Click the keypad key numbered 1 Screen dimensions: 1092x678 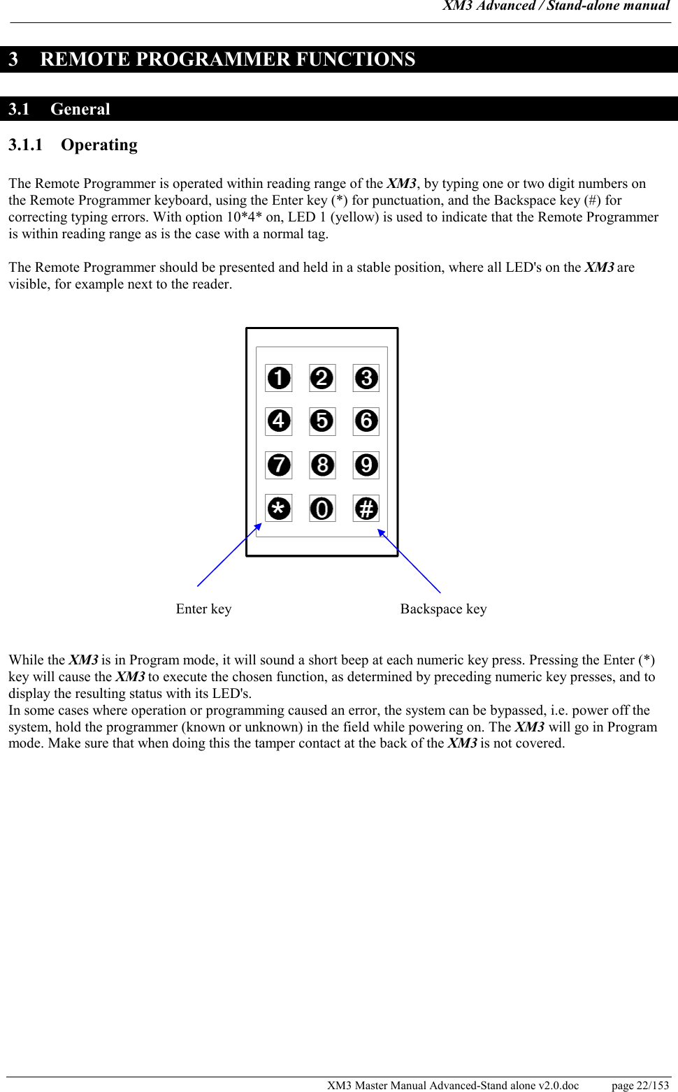(278, 378)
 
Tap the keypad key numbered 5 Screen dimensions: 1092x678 (322, 421)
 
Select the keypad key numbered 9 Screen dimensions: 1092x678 (366, 465)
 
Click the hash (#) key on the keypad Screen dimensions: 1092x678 (366, 509)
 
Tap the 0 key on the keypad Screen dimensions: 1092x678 (322, 509)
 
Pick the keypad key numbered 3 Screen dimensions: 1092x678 (366, 378)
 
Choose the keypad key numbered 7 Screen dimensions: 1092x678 (278, 465)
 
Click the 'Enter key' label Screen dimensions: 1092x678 (203, 609)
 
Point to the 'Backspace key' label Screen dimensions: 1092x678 (443, 609)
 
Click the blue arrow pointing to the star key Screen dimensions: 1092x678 (229, 555)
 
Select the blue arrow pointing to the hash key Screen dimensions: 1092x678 (410, 561)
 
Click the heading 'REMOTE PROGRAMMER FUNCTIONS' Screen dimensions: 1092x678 (227, 59)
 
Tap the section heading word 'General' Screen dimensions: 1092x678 (80, 109)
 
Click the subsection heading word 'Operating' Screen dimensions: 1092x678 (99, 145)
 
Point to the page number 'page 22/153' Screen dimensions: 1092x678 (640, 1085)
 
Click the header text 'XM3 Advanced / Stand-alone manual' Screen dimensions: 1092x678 (556, 6)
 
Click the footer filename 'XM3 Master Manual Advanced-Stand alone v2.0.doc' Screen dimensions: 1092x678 (453, 1085)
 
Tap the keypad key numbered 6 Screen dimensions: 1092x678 (366, 421)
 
